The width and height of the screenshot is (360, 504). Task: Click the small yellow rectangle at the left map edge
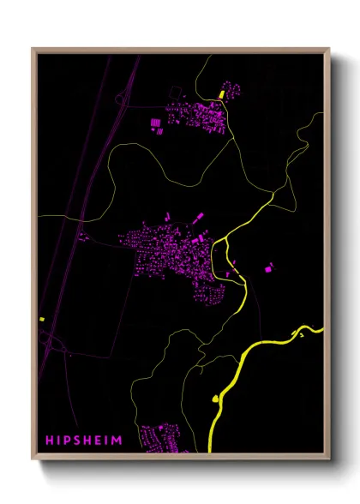click(41, 319)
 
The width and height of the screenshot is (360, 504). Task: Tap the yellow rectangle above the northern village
click(221, 93)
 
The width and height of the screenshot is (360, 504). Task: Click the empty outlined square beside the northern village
click(175, 90)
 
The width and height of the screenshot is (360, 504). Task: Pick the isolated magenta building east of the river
click(268, 268)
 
